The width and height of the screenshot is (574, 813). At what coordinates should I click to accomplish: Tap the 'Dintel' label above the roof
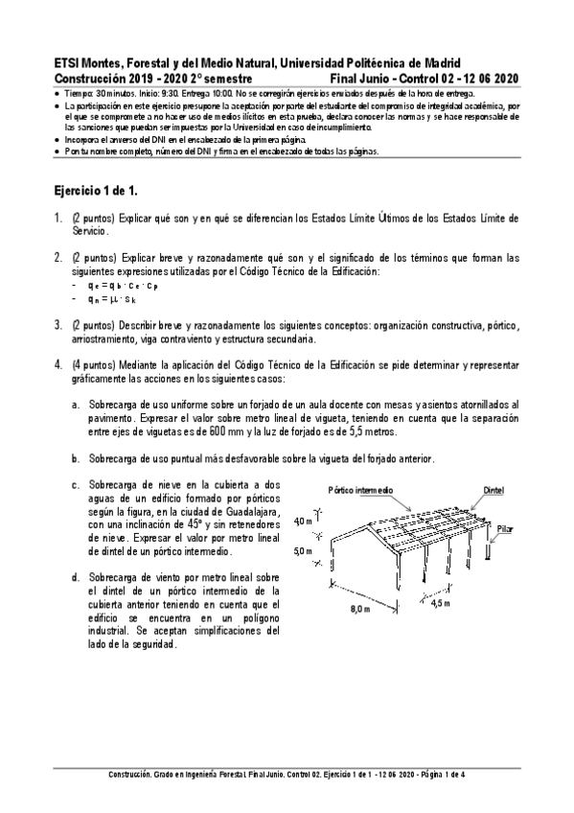click(x=493, y=490)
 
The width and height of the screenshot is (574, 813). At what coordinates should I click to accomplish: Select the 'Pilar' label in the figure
click(x=505, y=527)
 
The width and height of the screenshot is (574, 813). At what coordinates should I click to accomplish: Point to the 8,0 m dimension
click(x=359, y=608)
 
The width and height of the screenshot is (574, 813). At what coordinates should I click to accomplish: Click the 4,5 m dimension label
click(x=441, y=605)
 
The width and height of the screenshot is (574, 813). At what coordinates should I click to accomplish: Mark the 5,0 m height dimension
click(x=303, y=552)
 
